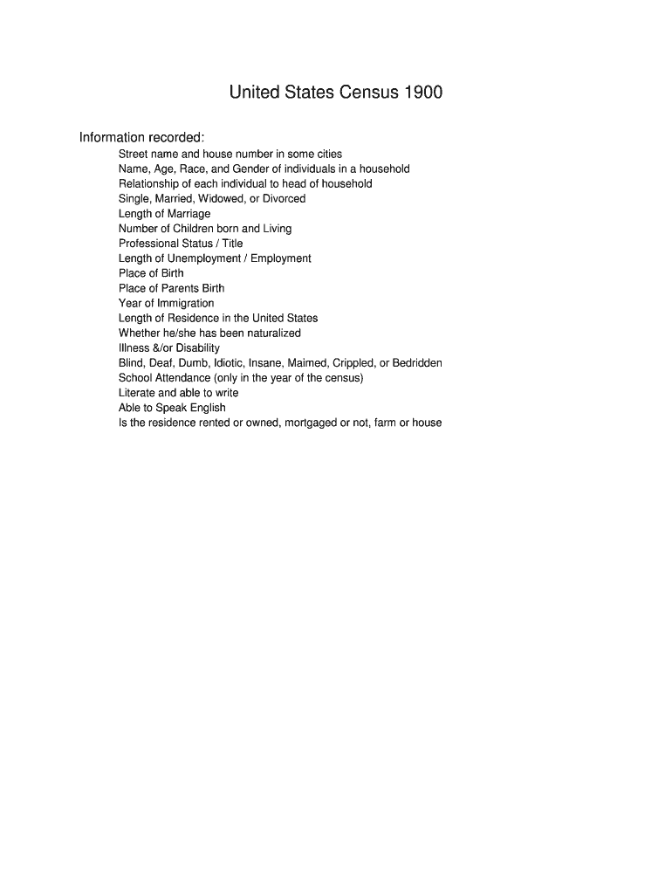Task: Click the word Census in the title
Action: [x=364, y=92]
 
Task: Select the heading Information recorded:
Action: [x=142, y=138]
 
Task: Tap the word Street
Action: [x=134, y=154]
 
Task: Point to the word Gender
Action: [x=250, y=168]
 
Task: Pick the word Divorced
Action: [x=283, y=198]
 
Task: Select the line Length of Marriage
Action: [x=164, y=213]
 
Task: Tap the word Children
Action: [x=193, y=228]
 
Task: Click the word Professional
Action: [x=147, y=244]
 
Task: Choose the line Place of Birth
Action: [x=151, y=273]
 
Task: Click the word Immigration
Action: [x=185, y=303]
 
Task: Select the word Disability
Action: [x=197, y=347]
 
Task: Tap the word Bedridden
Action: [x=417, y=362]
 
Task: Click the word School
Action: [x=135, y=378]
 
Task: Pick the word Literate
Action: [x=137, y=393]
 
